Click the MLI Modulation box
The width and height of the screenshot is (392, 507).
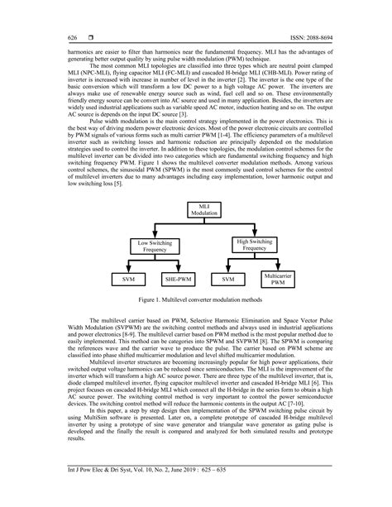pos(195,209)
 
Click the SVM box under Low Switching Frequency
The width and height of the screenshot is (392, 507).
pos(128,280)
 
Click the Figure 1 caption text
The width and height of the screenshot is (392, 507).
pos(195,304)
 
